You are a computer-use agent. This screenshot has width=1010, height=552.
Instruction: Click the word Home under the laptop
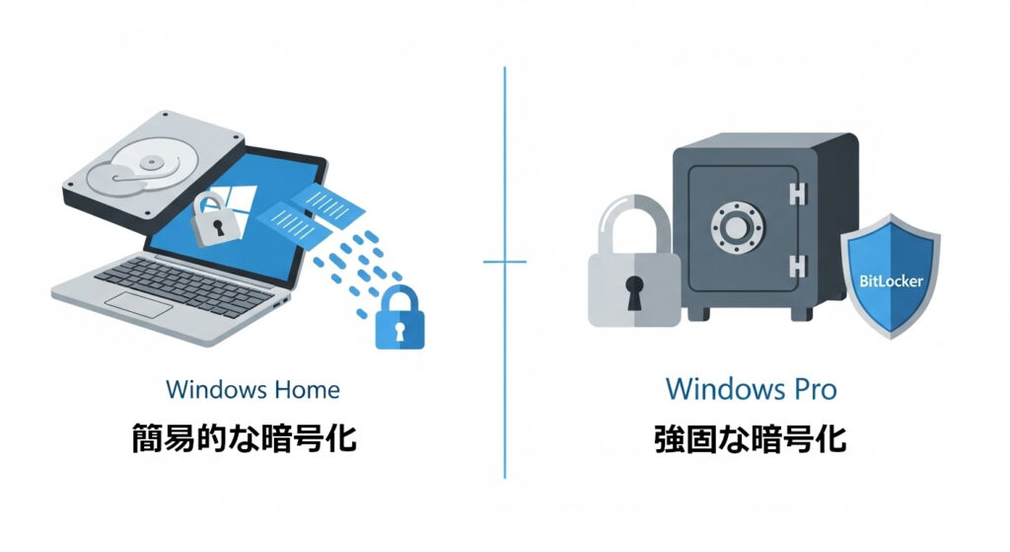[306, 389]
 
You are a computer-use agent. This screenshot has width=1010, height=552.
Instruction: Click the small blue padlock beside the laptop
[399, 318]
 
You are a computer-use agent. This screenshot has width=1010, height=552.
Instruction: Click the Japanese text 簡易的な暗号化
[245, 439]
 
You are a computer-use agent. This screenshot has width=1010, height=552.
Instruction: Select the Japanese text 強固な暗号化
[750, 439]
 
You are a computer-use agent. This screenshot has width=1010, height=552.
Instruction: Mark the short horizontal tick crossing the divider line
[504, 262]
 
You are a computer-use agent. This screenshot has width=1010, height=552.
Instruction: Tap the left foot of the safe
[698, 314]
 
